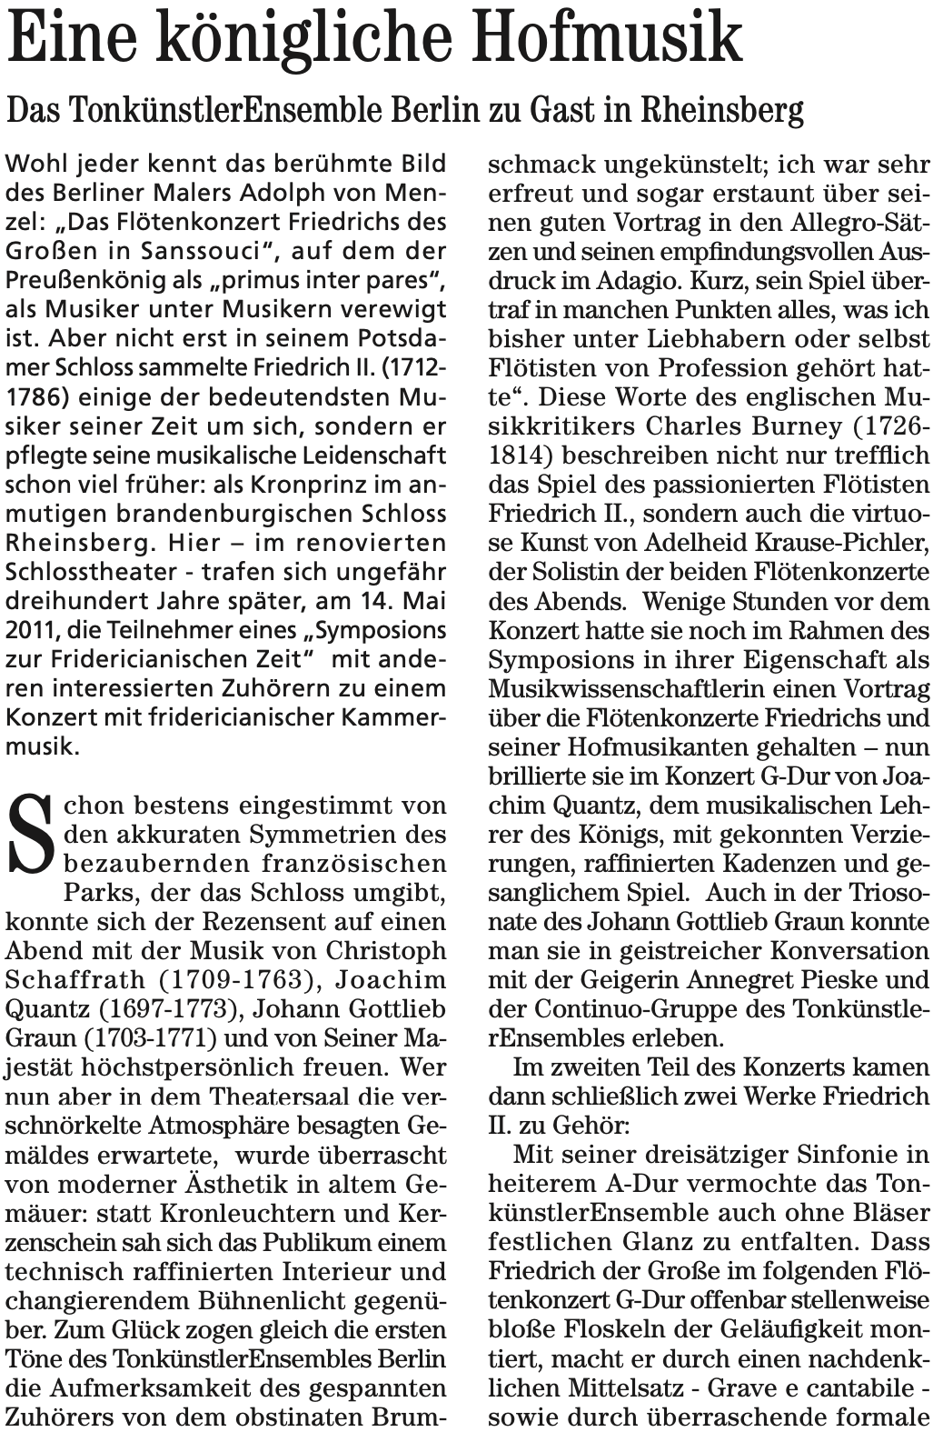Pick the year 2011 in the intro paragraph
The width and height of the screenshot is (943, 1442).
30,630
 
